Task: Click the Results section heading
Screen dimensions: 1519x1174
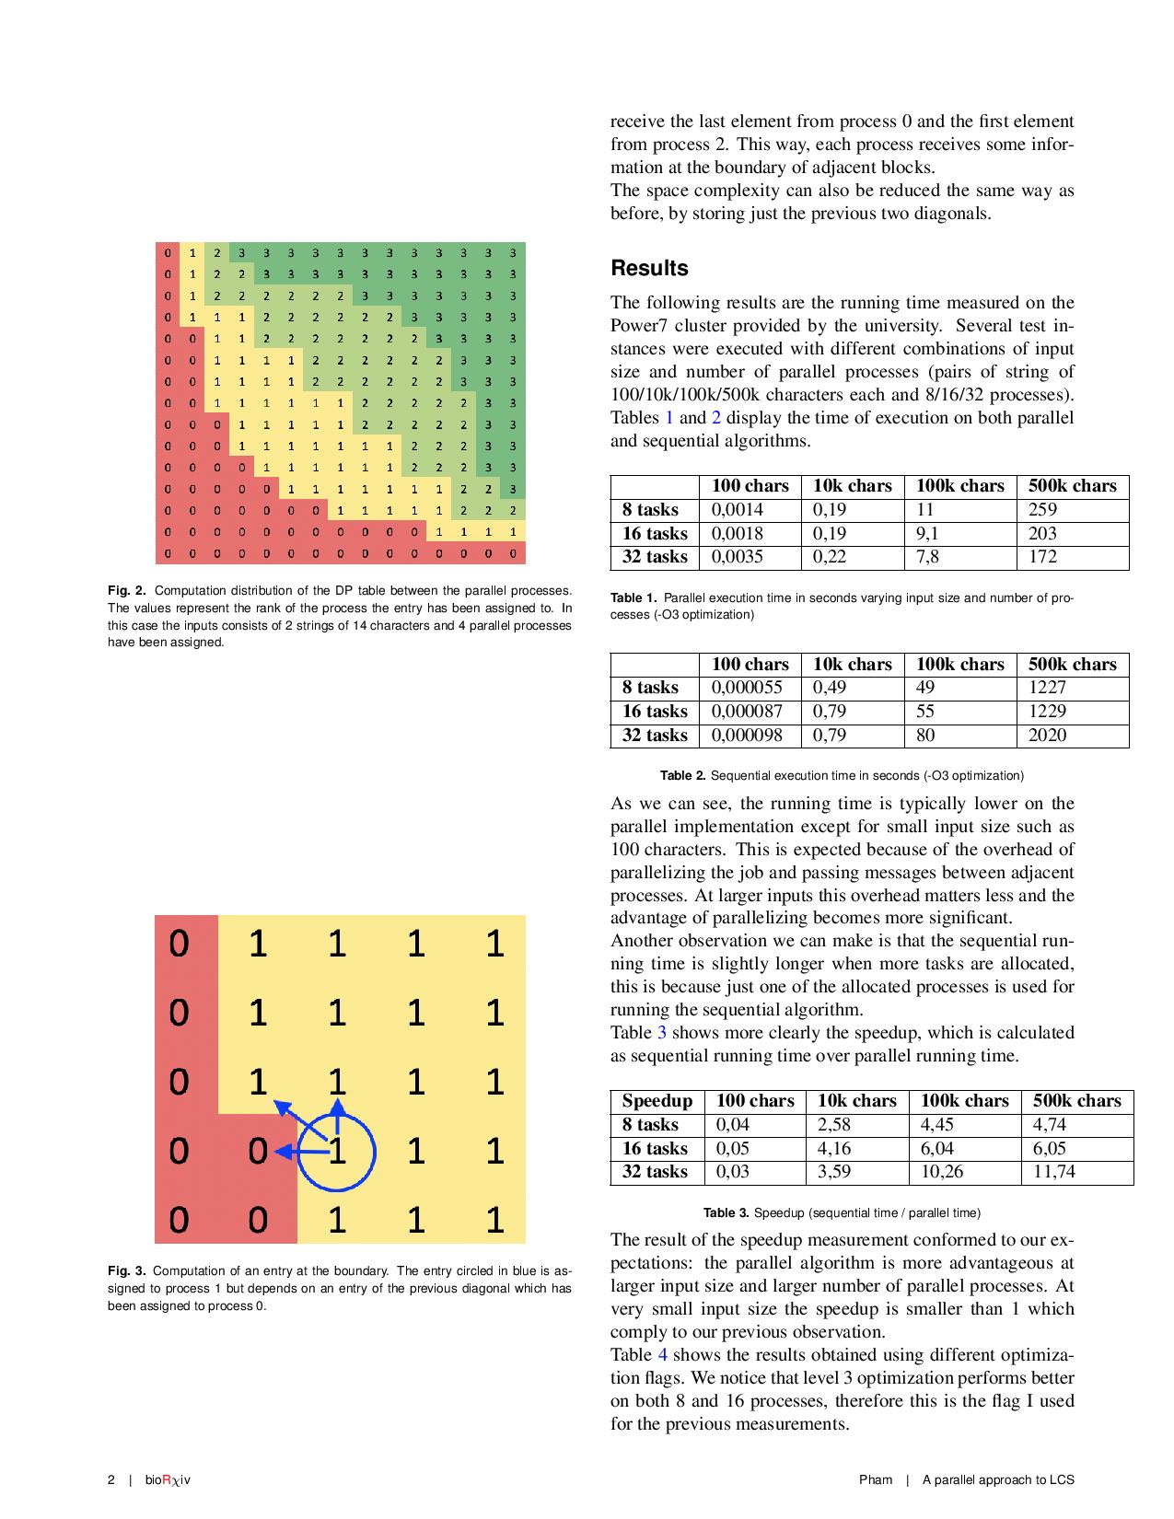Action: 649,269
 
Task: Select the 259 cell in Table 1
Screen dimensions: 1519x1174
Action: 1042,510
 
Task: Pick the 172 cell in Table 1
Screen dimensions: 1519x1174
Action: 1042,557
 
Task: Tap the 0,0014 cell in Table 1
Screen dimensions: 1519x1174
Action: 738,510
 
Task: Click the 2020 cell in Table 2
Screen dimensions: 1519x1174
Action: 1048,736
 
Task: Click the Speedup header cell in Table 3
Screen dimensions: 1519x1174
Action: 657,1101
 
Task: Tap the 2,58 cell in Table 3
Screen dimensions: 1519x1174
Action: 834,1125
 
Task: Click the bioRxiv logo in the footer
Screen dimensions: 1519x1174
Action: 168,1480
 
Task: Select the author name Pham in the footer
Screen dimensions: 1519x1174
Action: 876,1480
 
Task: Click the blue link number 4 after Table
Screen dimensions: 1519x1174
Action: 662,1355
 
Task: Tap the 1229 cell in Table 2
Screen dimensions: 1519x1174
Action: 1048,712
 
